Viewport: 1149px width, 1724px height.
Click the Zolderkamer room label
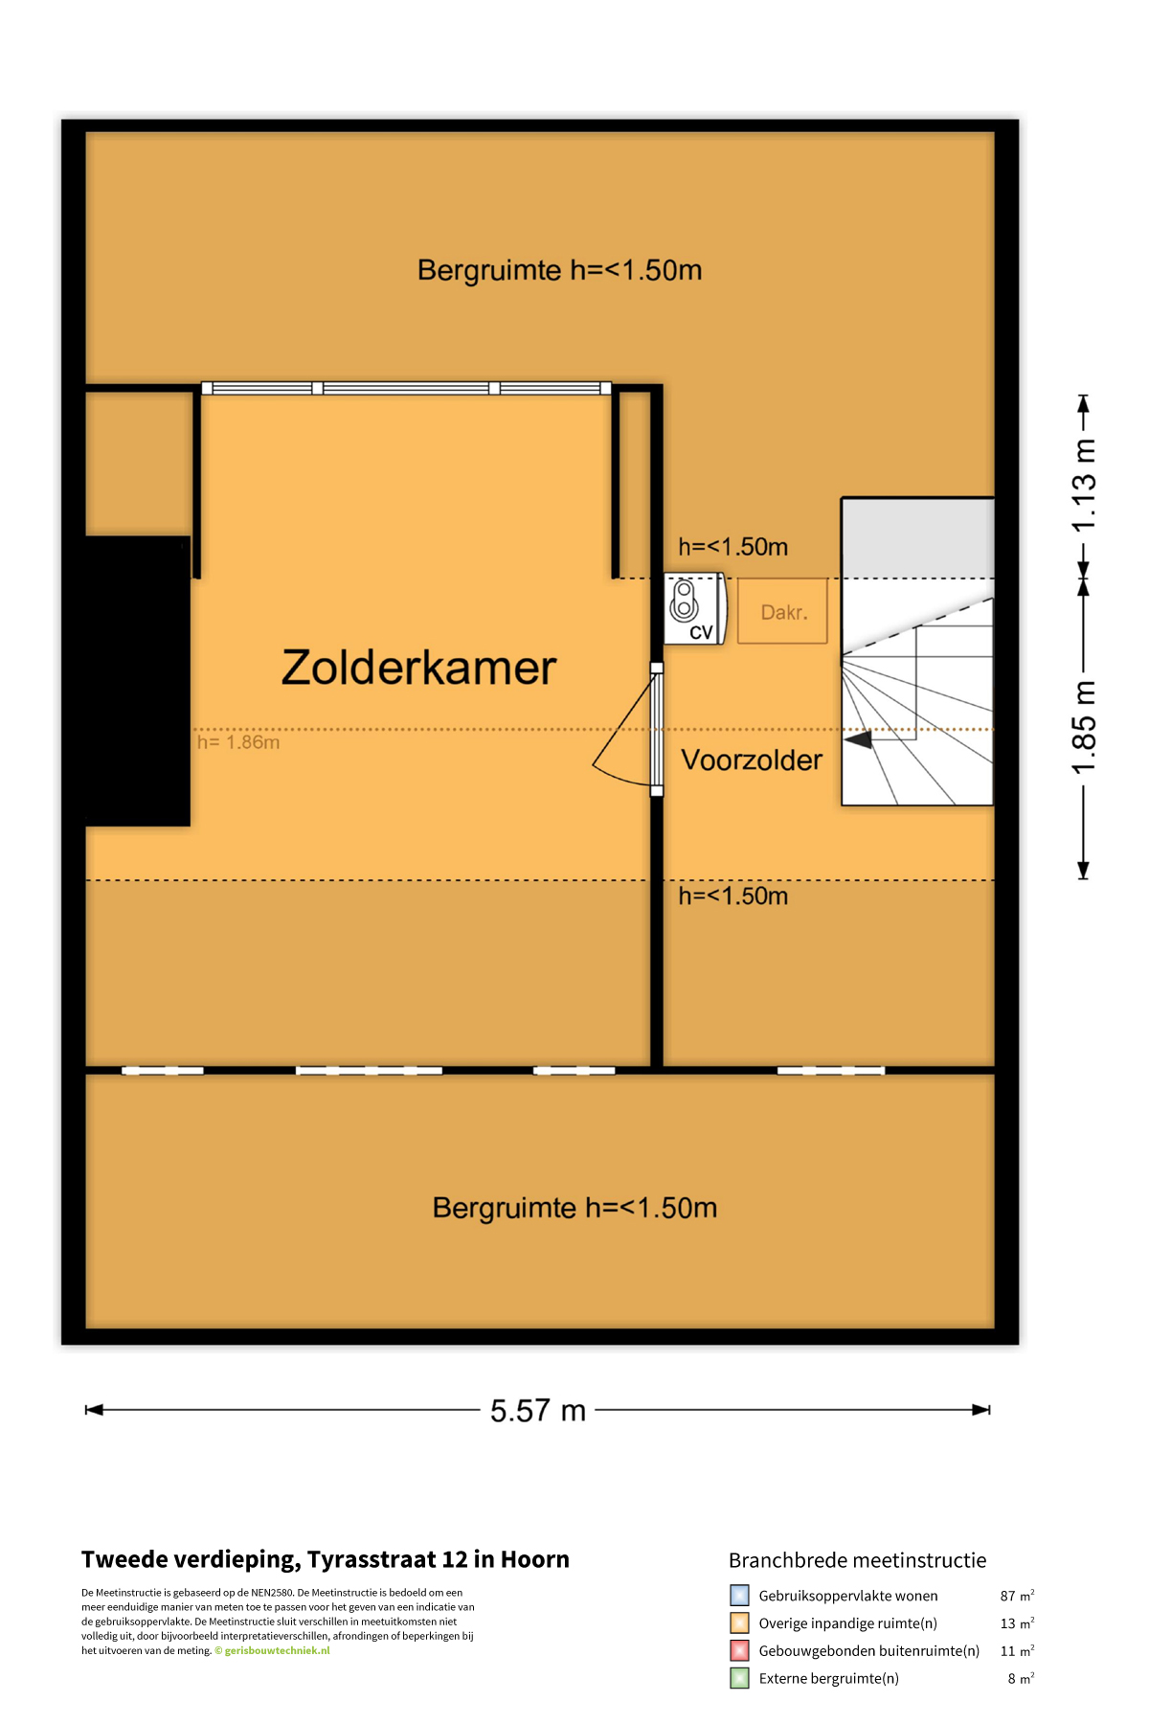coord(418,668)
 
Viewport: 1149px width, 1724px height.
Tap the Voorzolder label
coord(752,760)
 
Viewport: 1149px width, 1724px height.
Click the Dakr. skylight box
coord(782,611)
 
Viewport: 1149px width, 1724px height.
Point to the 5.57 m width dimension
coord(537,1410)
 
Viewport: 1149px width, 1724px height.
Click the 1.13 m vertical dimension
coord(1083,485)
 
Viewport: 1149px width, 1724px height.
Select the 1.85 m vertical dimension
coord(1083,729)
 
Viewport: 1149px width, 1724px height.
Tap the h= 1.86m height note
coord(238,742)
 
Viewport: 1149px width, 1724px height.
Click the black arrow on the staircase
coord(859,739)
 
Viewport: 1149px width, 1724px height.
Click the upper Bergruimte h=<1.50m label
coord(559,270)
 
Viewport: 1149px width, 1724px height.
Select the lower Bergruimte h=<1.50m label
coord(574,1208)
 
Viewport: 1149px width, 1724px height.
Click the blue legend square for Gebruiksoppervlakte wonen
coord(739,1596)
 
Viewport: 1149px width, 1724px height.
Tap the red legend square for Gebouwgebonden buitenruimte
coord(739,1650)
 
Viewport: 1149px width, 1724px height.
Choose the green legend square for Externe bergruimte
coord(739,1678)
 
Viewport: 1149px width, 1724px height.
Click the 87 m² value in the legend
coord(1017,1596)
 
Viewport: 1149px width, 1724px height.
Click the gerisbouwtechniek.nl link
coord(277,1650)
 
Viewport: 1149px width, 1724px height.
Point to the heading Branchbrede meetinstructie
coord(857,1560)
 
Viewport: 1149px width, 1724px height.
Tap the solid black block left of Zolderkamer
coord(137,681)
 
